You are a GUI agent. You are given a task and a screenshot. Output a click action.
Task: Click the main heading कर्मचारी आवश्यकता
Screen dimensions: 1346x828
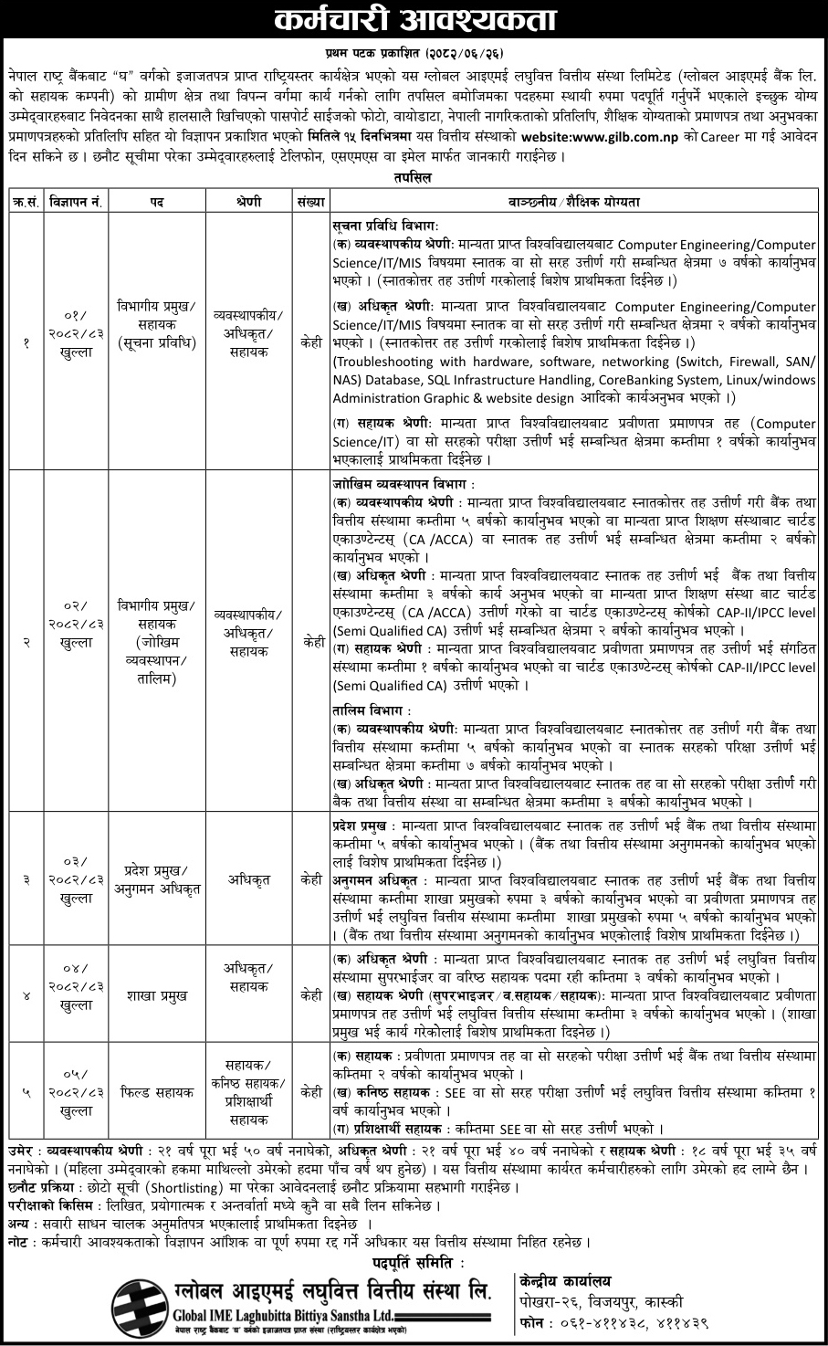414,19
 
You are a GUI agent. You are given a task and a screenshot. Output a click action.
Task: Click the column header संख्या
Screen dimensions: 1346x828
311,199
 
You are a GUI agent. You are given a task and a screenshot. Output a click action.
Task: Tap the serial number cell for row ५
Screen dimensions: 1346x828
26,1090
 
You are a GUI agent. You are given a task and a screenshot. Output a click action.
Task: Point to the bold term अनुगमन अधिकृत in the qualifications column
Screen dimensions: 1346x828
374,880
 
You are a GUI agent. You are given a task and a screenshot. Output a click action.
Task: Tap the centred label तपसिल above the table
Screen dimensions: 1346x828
414,178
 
